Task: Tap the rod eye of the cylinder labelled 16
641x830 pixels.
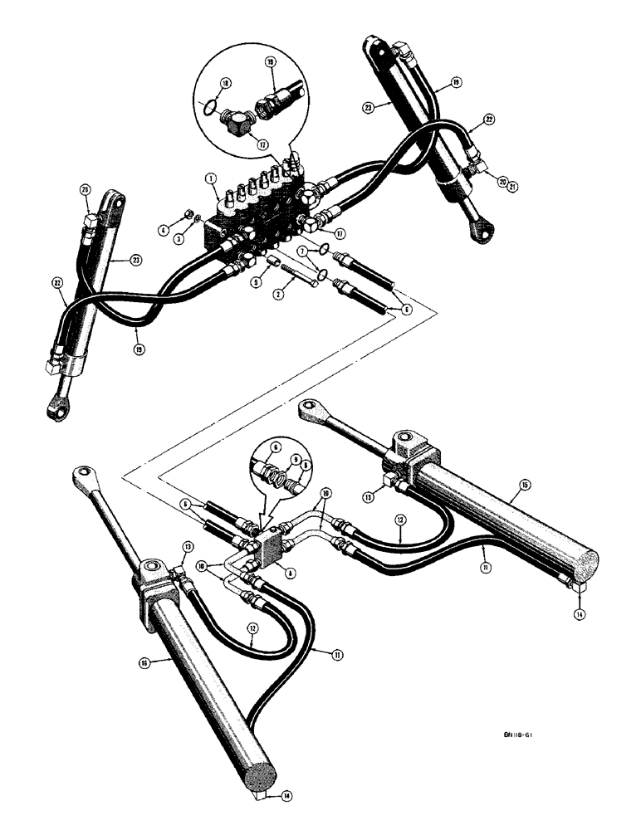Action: pos(84,475)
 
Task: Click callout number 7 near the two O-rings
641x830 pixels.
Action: pos(305,251)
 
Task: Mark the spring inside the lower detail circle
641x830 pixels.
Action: pos(280,477)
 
